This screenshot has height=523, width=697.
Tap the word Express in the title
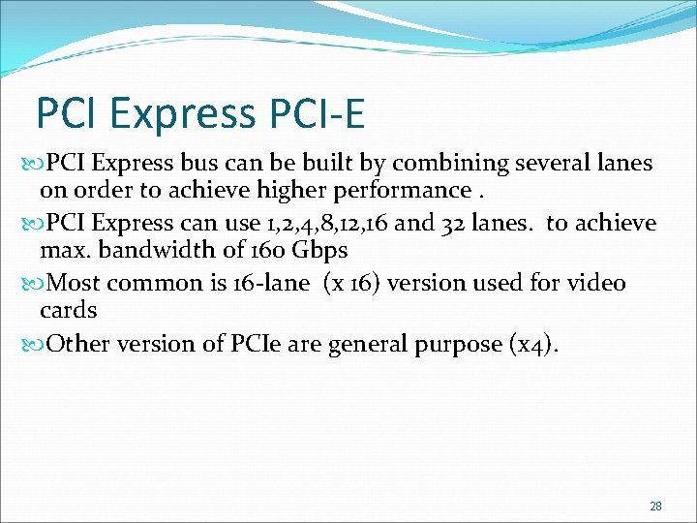click(x=182, y=113)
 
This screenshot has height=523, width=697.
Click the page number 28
click(x=655, y=507)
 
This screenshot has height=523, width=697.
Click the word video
click(x=597, y=284)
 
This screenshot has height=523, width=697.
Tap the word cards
click(x=68, y=310)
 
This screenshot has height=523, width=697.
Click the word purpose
click(x=460, y=345)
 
